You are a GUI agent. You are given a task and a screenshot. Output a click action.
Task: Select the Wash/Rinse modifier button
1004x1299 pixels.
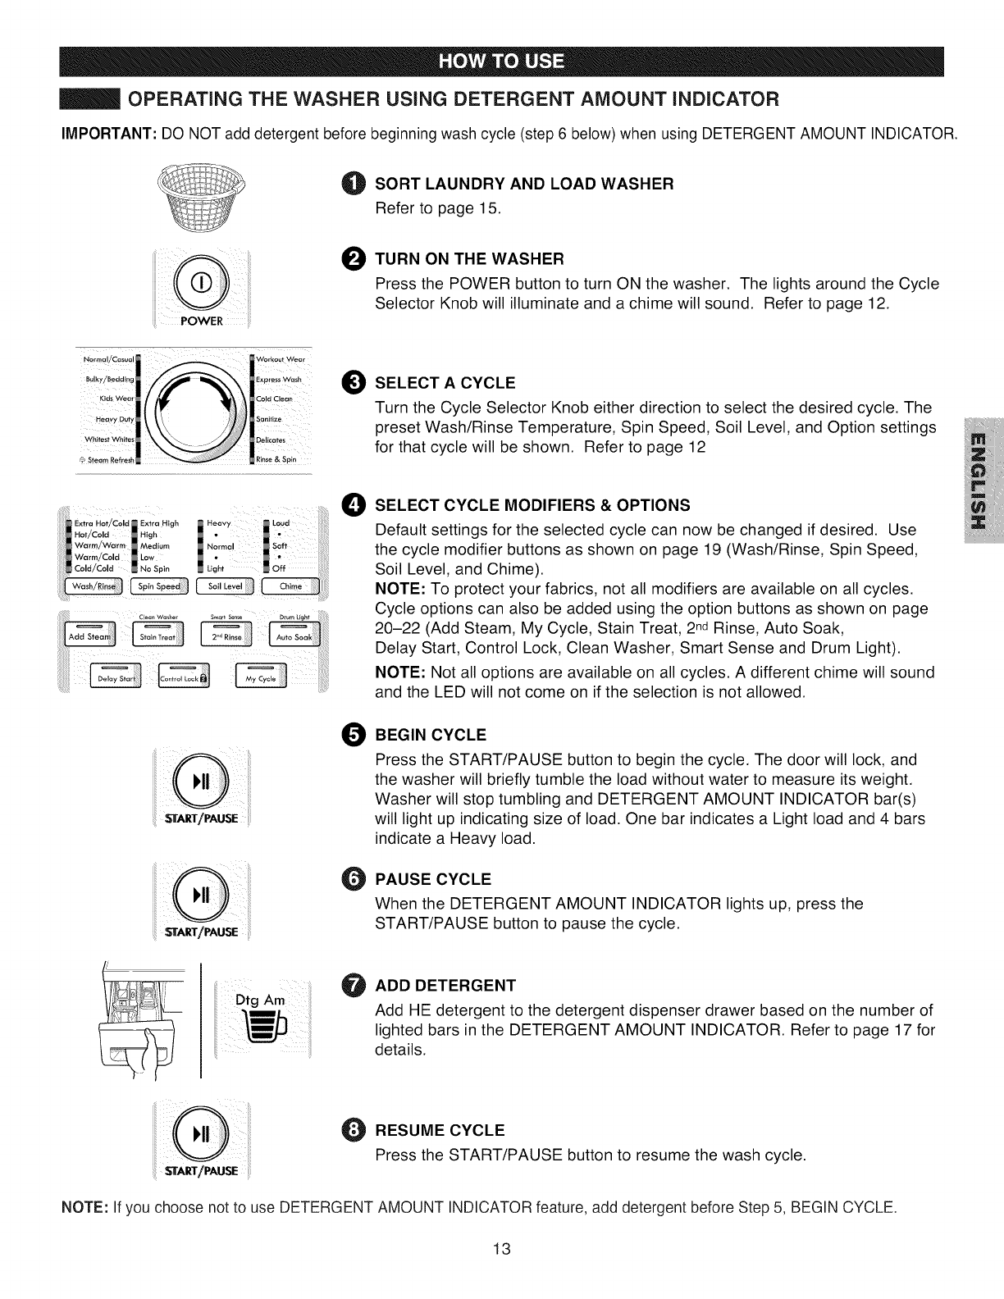95,586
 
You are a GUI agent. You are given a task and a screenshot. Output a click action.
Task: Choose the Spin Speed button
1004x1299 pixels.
159,586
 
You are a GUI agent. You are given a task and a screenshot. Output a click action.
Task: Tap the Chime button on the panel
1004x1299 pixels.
290,586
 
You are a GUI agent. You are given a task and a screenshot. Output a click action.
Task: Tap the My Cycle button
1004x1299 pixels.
261,679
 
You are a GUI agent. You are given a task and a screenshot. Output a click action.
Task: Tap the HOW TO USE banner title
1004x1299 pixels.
501,62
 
